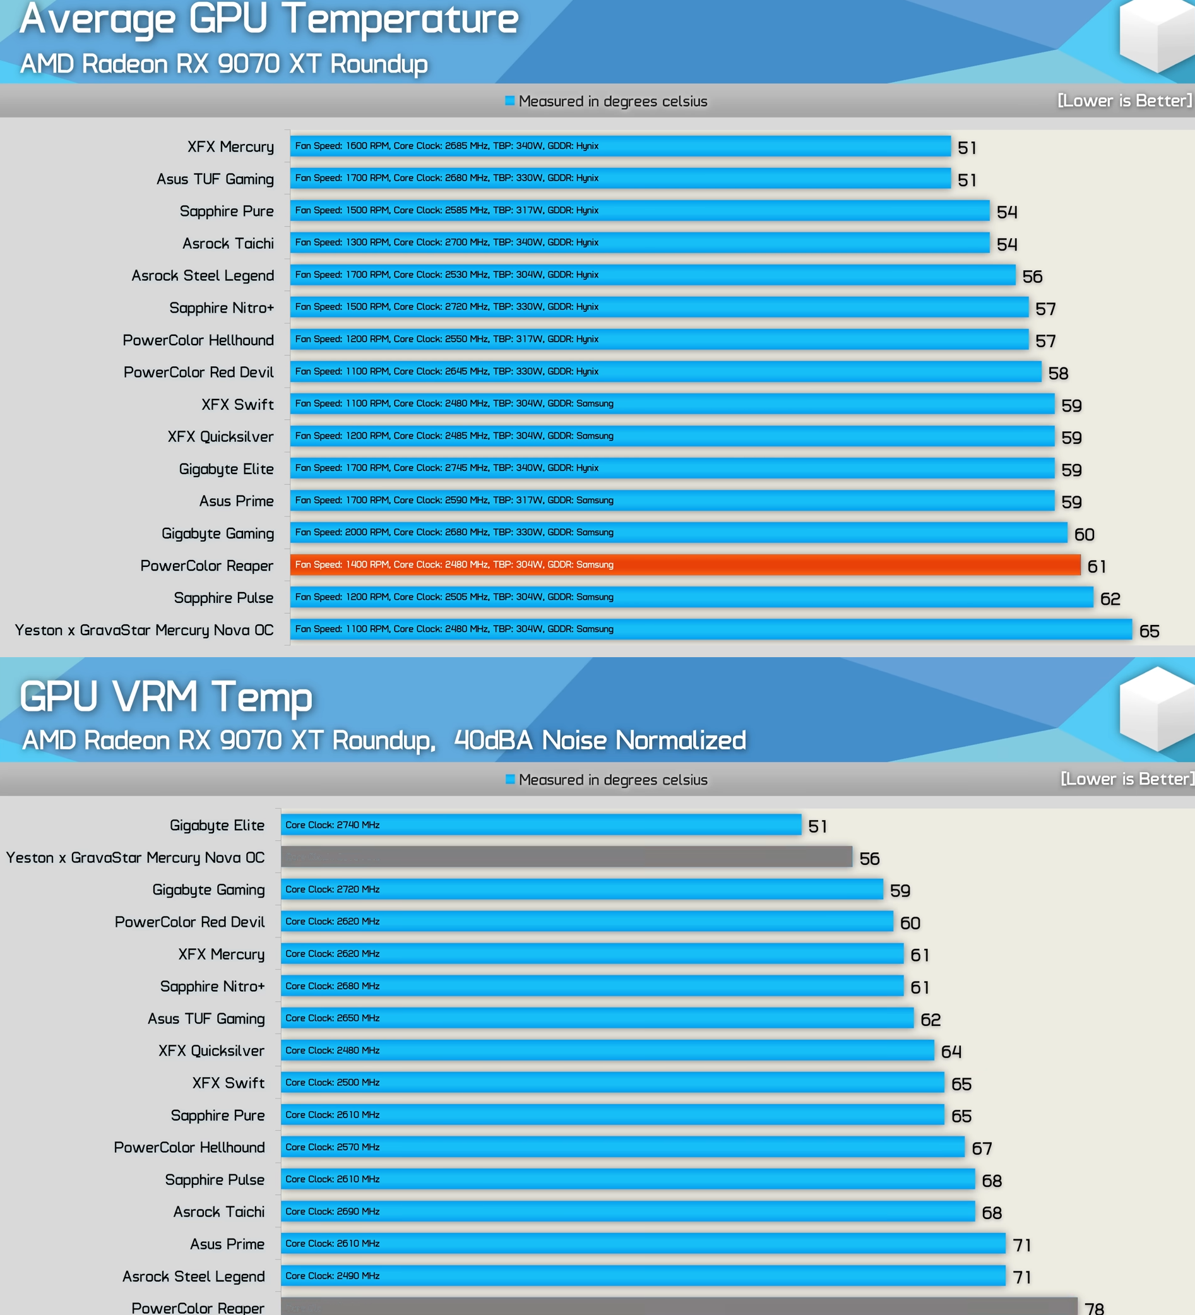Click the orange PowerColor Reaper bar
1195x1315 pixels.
click(x=685, y=565)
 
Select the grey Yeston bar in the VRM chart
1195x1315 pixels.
click(x=566, y=857)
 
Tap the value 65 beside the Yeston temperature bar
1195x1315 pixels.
click(x=1149, y=631)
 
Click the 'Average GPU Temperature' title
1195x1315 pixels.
click(x=269, y=20)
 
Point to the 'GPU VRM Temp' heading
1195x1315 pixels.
click(x=166, y=696)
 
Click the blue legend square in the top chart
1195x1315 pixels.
click(x=509, y=100)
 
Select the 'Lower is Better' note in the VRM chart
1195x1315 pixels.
click(x=1127, y=779)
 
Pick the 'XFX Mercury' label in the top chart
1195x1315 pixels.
click(x=230, y=146)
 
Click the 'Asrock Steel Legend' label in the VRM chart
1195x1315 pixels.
click(x=194, y=1276)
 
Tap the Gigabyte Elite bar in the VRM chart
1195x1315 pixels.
click(x=541, y=824)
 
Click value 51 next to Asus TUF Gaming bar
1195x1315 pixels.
click(x=966, y=180)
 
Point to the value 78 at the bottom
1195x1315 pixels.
click(x=1094, y=1308)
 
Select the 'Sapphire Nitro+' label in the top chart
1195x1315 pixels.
click(x=221, y=308)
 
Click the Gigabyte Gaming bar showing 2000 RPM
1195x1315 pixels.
click(x=679, y=532)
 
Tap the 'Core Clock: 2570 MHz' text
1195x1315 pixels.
click(x=333, y=1146)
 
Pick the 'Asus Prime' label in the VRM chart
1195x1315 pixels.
click(x=227, y=1244)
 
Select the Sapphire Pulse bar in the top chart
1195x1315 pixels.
click(x=691, y=597)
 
